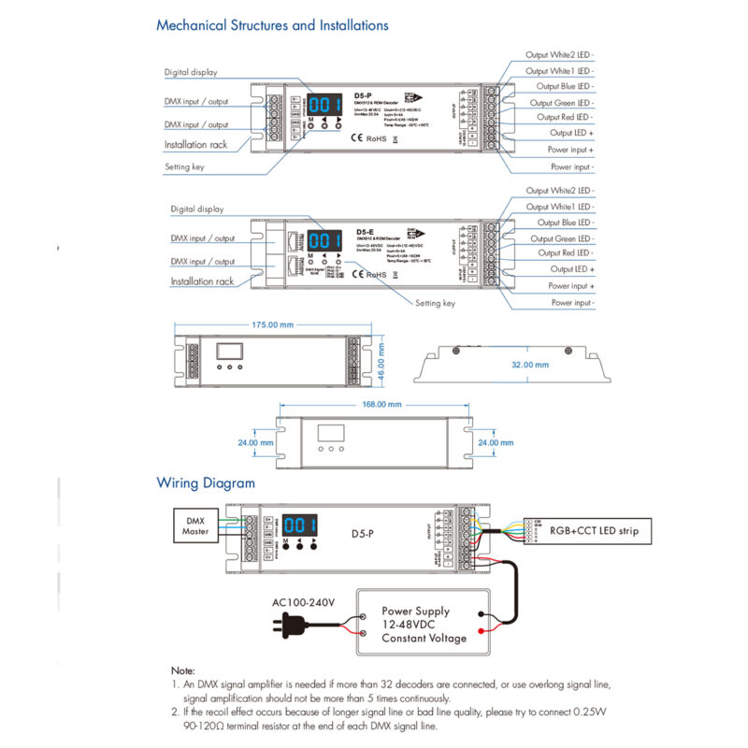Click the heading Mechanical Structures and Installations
(x=272, y=25)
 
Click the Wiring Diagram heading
(x=205, y=483)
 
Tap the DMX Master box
(x=196, y=526)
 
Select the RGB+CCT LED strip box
(x=594, y=531)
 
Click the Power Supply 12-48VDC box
(x=424, y=625)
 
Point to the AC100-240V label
(x=302, y=599)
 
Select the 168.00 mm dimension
(x=381, y=404)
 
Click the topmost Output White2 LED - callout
(x=559, y=55)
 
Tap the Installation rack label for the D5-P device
(x=196, y=145)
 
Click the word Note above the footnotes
(x=182, y=671)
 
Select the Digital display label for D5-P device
(x=191, y=71)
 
